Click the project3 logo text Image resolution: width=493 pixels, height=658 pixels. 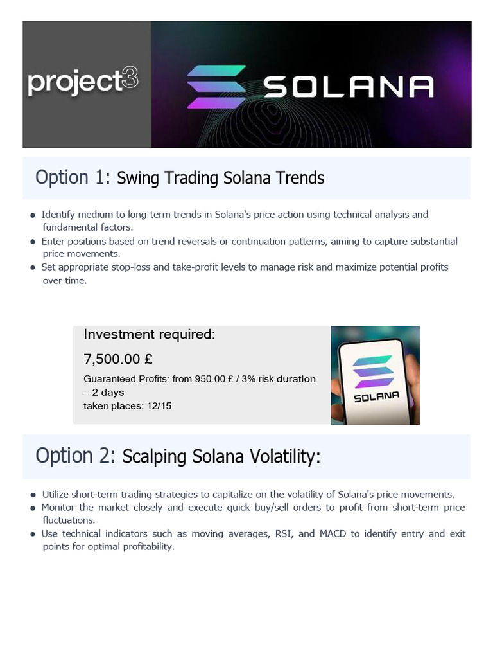(x=83, y=83)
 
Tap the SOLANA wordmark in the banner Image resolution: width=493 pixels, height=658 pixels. (x=349, y=87)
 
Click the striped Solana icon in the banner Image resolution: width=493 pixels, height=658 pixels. (x=216, y=87)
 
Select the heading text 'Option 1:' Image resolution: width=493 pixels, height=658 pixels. (x=73, y=177)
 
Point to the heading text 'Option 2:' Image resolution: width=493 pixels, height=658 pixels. (x=76, y=456)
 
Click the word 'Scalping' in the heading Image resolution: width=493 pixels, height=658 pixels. (x=151, y=457)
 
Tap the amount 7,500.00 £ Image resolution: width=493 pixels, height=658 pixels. (x=117, y=358)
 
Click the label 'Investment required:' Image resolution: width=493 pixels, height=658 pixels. (x=150, y=334)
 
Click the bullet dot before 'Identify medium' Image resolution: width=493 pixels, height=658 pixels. (x=33, y=215)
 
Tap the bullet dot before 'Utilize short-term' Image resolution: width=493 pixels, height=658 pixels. (x=33, y=495)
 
